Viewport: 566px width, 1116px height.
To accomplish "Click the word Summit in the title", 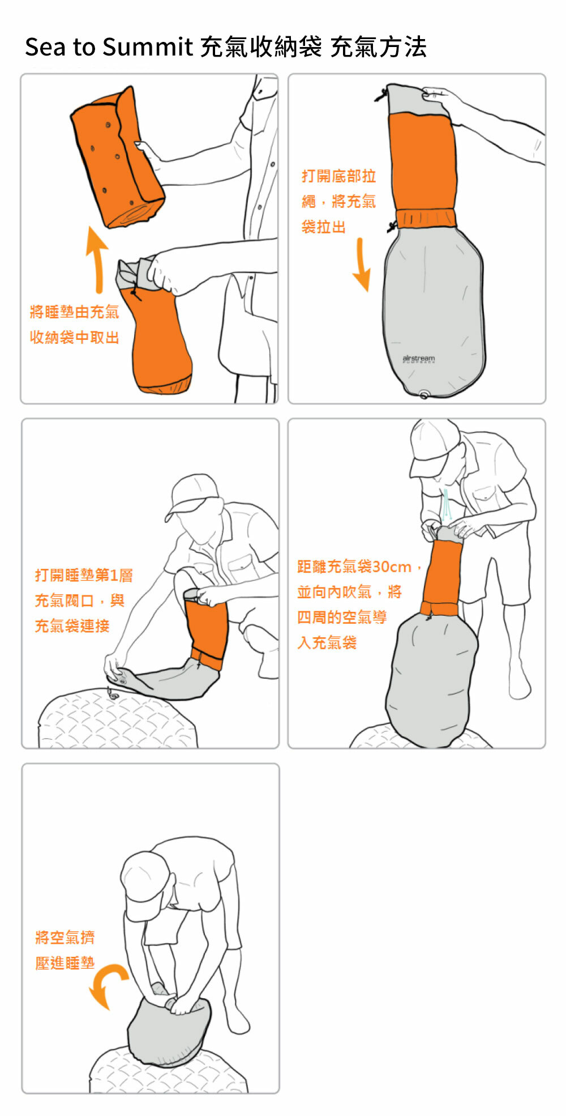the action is pos(148,47).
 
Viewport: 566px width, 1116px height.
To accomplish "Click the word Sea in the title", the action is pos(44,47).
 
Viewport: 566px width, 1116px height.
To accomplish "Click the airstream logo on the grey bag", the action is pos(419,359).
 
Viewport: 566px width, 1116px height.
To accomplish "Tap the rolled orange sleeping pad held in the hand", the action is pos(117,159).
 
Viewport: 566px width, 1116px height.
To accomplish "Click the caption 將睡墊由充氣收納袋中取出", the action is pos(74,325).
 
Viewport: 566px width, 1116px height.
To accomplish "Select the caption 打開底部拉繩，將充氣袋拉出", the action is pos(338,202).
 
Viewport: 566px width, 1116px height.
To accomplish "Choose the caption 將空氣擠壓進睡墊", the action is pos(65,950).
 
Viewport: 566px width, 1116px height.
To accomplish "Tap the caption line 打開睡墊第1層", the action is pos(84,576).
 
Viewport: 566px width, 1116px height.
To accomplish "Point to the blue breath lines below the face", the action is pos(447,505).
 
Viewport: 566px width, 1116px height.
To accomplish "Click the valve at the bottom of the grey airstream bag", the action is pos(424,395).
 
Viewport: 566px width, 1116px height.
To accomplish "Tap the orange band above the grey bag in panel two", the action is pos(426,218).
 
